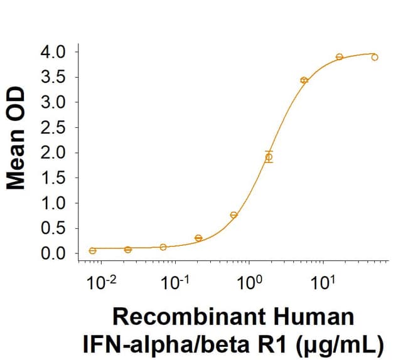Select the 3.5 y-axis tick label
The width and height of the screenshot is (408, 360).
tap(56, 77)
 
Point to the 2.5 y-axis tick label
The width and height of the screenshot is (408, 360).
tap(56, 127)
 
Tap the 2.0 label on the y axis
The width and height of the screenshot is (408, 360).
tap(56, 152)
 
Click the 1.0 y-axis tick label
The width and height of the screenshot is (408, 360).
tap(56, 203)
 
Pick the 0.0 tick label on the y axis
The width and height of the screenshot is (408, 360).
tap(56, 254)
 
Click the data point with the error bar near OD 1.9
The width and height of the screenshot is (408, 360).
tap(269, 157)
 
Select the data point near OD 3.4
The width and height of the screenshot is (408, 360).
tap(304, 80)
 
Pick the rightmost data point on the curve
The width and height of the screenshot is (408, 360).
tap(375, 57)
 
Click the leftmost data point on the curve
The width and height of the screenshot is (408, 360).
tap(93, 250)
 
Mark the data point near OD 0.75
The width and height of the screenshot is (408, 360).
tap(234, 215)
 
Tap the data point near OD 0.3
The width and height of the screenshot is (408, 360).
tap(198, 238)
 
